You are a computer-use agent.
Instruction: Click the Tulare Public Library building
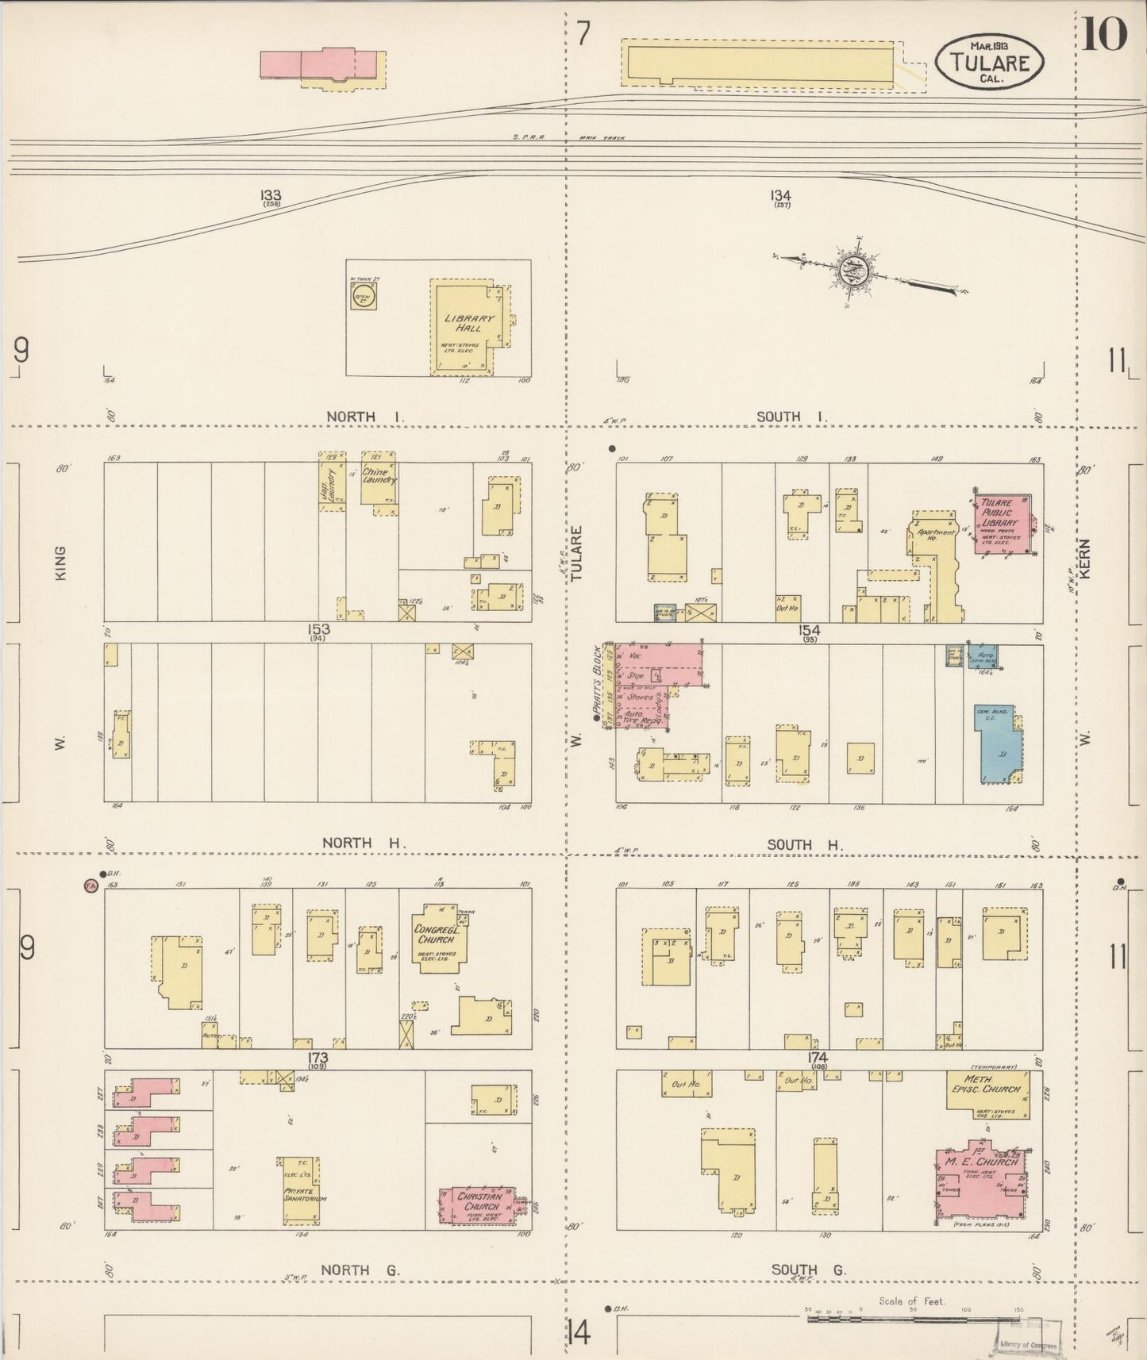tap(1002, 524)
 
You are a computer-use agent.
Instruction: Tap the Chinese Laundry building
tap(378, 478)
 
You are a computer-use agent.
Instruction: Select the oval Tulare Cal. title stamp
tap(989, 61)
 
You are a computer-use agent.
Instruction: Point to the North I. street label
tap(360, 417)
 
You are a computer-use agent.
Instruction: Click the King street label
tap(61, 561)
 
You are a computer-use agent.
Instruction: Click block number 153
tap(319, 629)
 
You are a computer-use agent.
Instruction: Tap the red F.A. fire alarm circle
tap(90, 886)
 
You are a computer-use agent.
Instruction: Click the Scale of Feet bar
tap(913, 1319)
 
